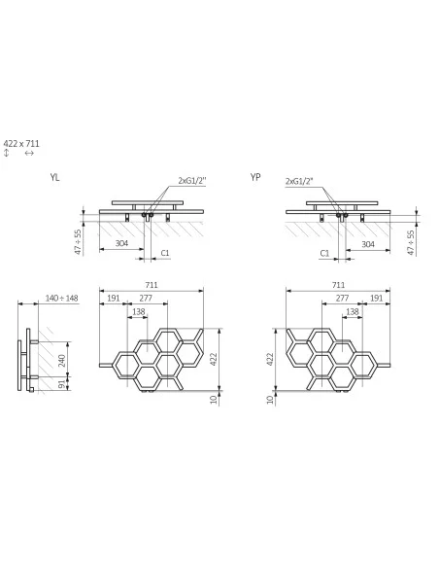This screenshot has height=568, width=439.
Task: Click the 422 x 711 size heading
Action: point(21,143)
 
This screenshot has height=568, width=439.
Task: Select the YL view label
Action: point(54,177)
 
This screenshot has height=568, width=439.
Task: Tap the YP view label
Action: point(255,177)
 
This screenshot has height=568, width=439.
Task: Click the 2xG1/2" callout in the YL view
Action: point(192,180)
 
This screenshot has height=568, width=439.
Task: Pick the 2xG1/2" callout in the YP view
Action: point(299,181)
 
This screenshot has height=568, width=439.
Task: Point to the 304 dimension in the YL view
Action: point(121,243)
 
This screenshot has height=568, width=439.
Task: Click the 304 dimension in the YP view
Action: point(368,244)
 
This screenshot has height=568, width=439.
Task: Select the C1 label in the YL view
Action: point(165,253)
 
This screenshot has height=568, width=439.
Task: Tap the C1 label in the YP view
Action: point(324,253)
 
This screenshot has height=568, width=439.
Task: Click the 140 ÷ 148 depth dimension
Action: point(61,299)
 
